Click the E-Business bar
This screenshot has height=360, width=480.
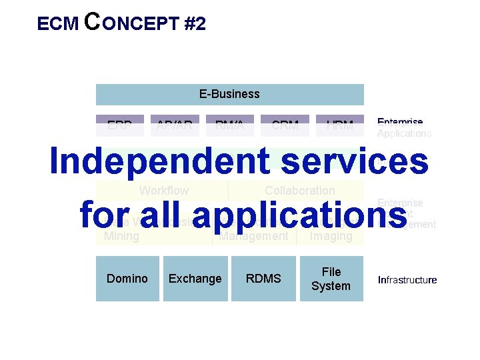coord(229,94)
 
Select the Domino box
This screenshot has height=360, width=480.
coord(127,278)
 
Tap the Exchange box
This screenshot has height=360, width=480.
coord(195,278)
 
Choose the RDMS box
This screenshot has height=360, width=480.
coord(263,278)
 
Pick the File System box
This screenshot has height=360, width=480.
coord(331,279)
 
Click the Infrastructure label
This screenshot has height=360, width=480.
coord(407,279)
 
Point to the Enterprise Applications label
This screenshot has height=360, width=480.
coord(404,127)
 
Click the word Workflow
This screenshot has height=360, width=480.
coord(163,191)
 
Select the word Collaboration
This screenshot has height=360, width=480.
coord(299,191)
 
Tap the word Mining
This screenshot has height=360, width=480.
coord(122,236)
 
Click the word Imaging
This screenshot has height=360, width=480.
coord(331,236)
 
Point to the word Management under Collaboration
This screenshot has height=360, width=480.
coord(254,236)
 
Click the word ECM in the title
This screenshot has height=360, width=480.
coord(59,25)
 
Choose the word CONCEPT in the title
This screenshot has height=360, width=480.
coord(132,23)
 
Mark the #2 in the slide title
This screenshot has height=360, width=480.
coord(193,25)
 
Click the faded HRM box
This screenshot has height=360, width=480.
coord(340,125)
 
